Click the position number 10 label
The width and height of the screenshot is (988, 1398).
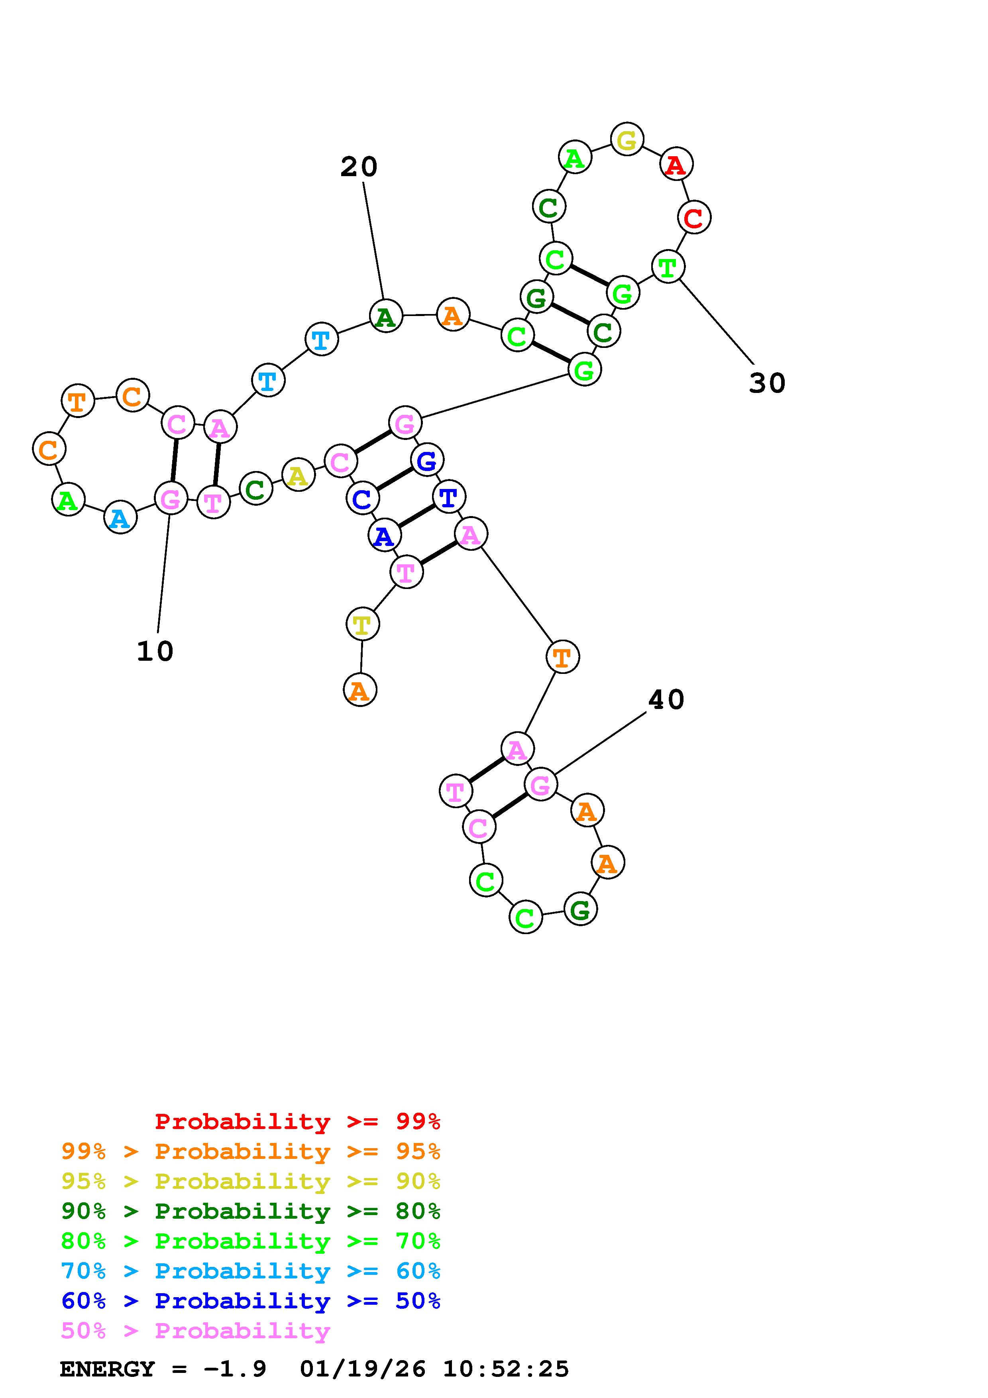[x=155, y=652]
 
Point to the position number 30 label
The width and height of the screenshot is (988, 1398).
[x=767, y=383]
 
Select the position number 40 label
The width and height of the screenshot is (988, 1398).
[x=666, y=700]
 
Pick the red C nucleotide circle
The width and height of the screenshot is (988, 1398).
[x=694, y=217]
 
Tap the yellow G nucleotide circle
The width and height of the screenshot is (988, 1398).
[x=627, y=139]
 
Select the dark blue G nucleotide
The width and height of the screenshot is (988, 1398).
[x=427, y=460]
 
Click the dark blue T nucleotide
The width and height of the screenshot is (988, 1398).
[x=449, y=497]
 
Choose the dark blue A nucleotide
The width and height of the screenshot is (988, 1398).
[x=384, y=536]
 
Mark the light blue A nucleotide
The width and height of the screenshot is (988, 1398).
[x=120, y=518]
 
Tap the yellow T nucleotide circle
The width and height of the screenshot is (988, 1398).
[x=362, y=624]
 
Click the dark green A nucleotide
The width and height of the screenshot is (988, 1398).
[x=386, y=316]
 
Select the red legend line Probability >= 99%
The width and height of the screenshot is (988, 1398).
[x=298, y=1121]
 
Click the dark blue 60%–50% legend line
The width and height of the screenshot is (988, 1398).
[x=251, y=1301]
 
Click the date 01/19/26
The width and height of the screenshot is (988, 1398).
[x=363, y=1369]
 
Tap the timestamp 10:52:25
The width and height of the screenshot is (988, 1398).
[x=506, y=1369]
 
